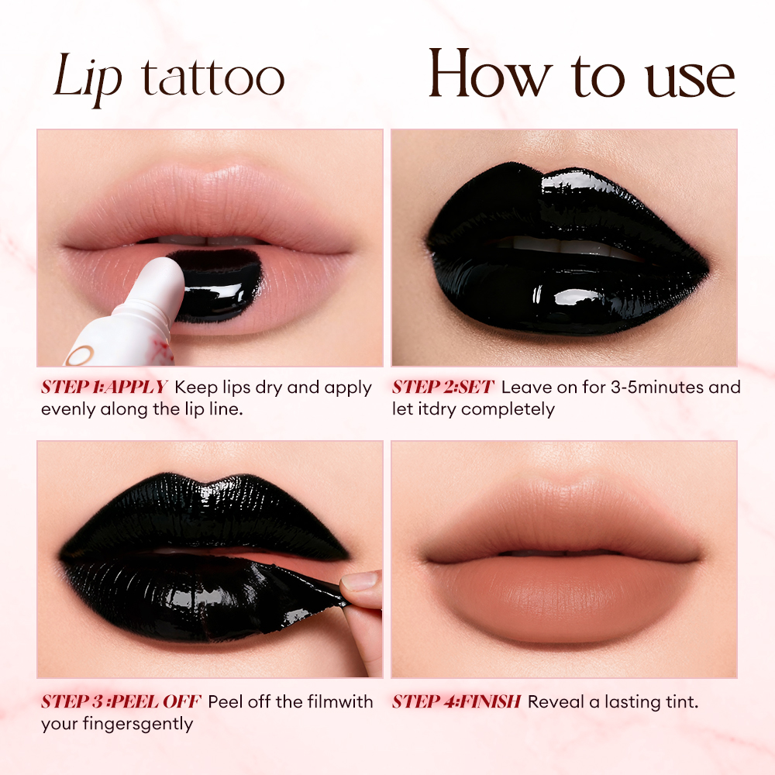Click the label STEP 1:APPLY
pos(104,387)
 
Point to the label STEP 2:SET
pos(443,387)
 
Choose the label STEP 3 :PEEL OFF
pos(121,702)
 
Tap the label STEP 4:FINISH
pos(456,702)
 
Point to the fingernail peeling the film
pos(358,582)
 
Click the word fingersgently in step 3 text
pos(143,724)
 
